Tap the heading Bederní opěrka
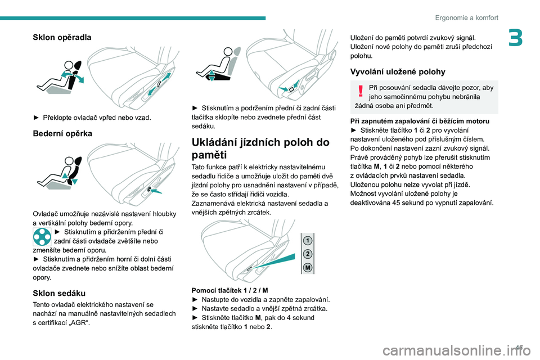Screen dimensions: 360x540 click(x=59, y=134)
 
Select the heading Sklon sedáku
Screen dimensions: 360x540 click(x=59, y=292)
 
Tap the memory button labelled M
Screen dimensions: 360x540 click(x=308, y=268)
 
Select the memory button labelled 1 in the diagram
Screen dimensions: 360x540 click(x=308, y=240)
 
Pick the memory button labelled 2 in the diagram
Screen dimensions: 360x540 click(x=308, y=254)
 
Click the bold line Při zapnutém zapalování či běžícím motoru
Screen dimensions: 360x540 click(x=419, y=121)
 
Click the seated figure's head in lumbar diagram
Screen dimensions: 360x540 click(x=72, y=161)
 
